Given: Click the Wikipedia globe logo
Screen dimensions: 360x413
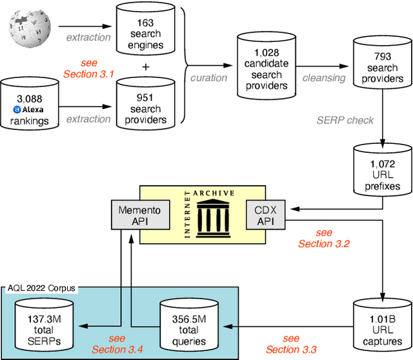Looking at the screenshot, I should point(28,29).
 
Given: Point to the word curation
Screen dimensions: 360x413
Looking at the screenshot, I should point(208,77).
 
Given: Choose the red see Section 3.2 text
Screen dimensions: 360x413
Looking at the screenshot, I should point(324,238).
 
